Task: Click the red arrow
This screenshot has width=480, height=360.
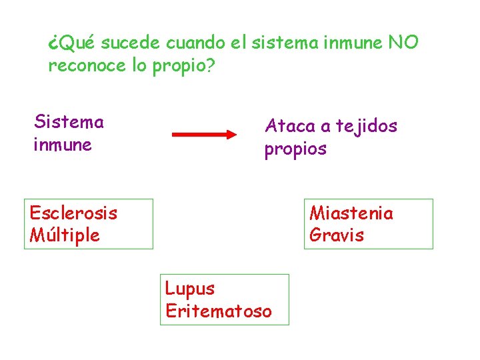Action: pyautogui.click(x=203, y=134)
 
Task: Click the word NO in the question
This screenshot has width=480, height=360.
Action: pyautogui.click(x=402, y=43)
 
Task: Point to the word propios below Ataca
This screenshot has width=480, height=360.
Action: pyautogui.click(x=295, y=149)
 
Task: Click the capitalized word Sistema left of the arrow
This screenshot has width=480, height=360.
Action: pyautogui.click(x=69, y=122)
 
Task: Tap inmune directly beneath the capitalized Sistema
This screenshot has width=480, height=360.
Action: pyautogui.click(x=63, y=145)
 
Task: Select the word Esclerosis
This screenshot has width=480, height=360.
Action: pyautogui.click(x=73, y=213)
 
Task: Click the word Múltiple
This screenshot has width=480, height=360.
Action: pyautogui.click(x=65, y=235)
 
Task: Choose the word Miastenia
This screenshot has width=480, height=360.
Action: pyautogui.click(x=351, y=213)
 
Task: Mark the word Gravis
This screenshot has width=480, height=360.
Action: pyautogui.click(x=337, y=235)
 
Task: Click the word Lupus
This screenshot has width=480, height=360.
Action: pyautogui.click(x=190, y=289)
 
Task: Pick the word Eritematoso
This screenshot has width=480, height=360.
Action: pyautogui.click(x=219, y=311)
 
